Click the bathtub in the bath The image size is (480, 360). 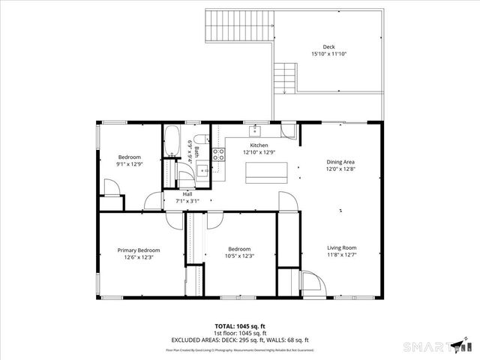[x=172, y=142]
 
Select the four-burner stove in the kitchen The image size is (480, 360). [x=218, y=155]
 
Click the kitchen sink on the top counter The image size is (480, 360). [x=254, y=129]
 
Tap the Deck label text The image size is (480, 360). [x=328, y=46]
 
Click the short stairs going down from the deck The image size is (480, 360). [x=285, y=78]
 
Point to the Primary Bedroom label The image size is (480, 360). [x=139, y=250]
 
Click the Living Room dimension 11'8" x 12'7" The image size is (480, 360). [x=340, y=256]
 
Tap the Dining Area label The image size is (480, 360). [x=340, y=162]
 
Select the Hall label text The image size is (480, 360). [x=187, y=194]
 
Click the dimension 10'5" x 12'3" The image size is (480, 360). [x=239, y=256]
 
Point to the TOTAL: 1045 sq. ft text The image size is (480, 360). [x=240, y=326]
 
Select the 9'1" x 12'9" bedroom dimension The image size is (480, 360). [x=129, y=163]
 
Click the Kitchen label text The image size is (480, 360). [x=259, y=145]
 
